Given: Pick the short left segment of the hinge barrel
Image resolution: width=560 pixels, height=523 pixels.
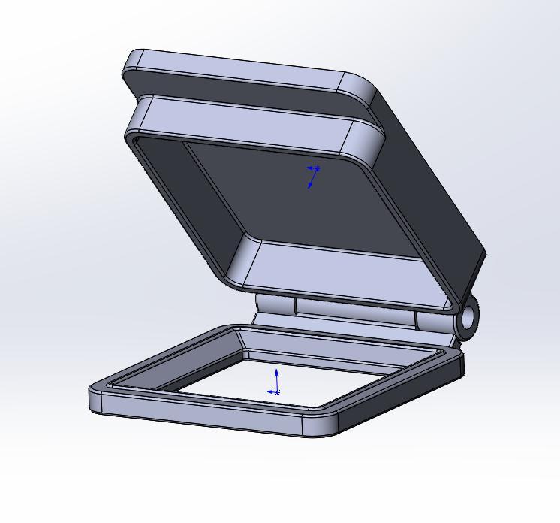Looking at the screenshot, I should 275,304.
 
